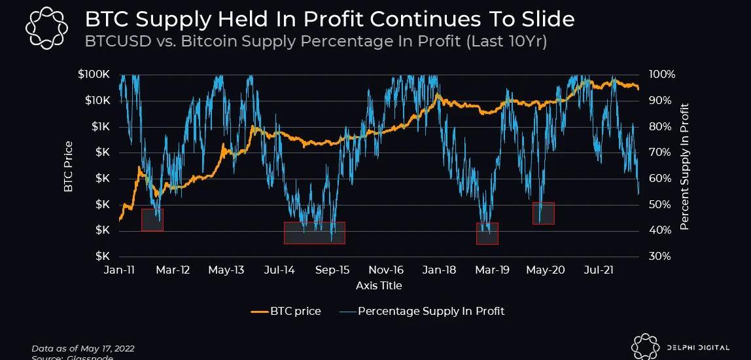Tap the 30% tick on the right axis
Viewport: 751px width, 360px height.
pyautogui.click(x=659, y=256)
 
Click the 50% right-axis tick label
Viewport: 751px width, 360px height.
pyautogui.click(x=659, y=204)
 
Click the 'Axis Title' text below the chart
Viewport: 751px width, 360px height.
pyautogui.click(x=379, y=285)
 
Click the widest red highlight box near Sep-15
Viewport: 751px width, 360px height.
pyautogui.click(x=314, y=233)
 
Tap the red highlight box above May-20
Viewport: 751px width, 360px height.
pyautogui.click(x=544, y=213)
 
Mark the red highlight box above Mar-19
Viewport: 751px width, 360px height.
pyautogui.click(x=487, y=234)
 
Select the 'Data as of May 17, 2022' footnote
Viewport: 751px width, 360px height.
pyautogui.click(x=82, y=348)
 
